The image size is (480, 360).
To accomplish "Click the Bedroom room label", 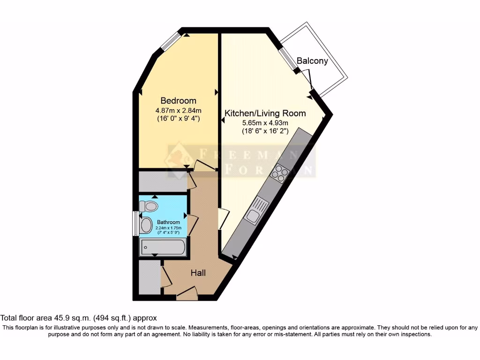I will tap(178, 101).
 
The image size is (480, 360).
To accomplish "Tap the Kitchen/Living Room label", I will tap(265, 113).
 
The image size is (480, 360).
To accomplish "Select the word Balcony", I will tap(312, 61).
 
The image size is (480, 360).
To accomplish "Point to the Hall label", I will tap(198, 272).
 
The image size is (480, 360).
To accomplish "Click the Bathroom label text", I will tap(168, 222).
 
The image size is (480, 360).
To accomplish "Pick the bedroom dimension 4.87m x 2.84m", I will tap(178, 111).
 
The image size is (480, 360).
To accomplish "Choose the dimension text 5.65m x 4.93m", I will tap(265, 123).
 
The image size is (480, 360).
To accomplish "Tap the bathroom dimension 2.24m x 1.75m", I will tap(168, 228).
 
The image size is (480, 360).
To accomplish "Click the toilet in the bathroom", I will tap(149, 206).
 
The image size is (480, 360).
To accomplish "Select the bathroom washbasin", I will tap(146, 225).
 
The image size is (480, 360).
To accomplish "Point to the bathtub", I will tap(163, 247).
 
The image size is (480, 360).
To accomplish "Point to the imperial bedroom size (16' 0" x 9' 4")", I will tap(178, 119).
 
